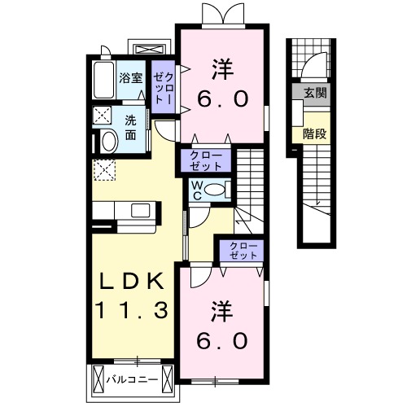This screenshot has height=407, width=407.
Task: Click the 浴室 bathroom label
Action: coord(130,79)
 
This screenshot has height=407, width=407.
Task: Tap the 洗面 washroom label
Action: coord(131,127)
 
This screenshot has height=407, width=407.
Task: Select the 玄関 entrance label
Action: coord(315,94)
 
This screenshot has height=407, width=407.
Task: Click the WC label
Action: coord(197,190)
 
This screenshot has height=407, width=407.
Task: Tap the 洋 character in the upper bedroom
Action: coord(219,66)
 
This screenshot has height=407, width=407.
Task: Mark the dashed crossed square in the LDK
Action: coord(104,170)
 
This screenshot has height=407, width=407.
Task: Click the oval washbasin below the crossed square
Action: coord(106,141)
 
